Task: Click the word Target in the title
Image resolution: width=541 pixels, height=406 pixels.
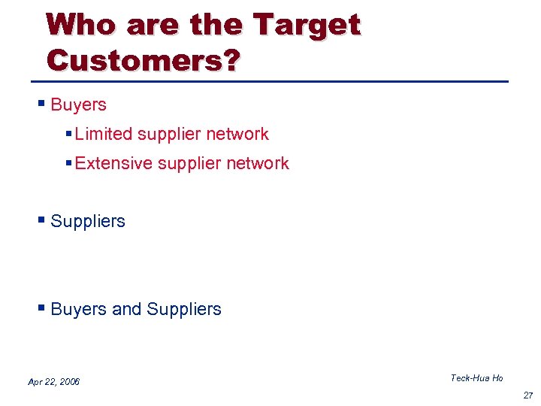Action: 308,26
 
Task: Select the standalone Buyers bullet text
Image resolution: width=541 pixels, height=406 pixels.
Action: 78,105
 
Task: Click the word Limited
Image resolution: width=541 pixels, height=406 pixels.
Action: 103,134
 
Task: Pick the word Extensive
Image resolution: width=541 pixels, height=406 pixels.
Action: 112,163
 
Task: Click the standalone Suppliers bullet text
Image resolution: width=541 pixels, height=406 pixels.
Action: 88,221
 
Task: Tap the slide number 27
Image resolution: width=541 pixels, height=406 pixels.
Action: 528,395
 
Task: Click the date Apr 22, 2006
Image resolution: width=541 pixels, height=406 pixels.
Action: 53,382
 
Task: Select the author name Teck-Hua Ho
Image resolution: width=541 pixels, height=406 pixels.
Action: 476,378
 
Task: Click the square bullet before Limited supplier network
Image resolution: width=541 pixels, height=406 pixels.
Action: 68,134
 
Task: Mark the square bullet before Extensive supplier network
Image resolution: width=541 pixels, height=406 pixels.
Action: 68,163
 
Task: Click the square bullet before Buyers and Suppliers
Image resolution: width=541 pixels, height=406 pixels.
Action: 44,308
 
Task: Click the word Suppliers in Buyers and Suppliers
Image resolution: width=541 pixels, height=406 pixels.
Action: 184,309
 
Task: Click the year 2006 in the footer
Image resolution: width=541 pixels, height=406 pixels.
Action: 70,382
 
